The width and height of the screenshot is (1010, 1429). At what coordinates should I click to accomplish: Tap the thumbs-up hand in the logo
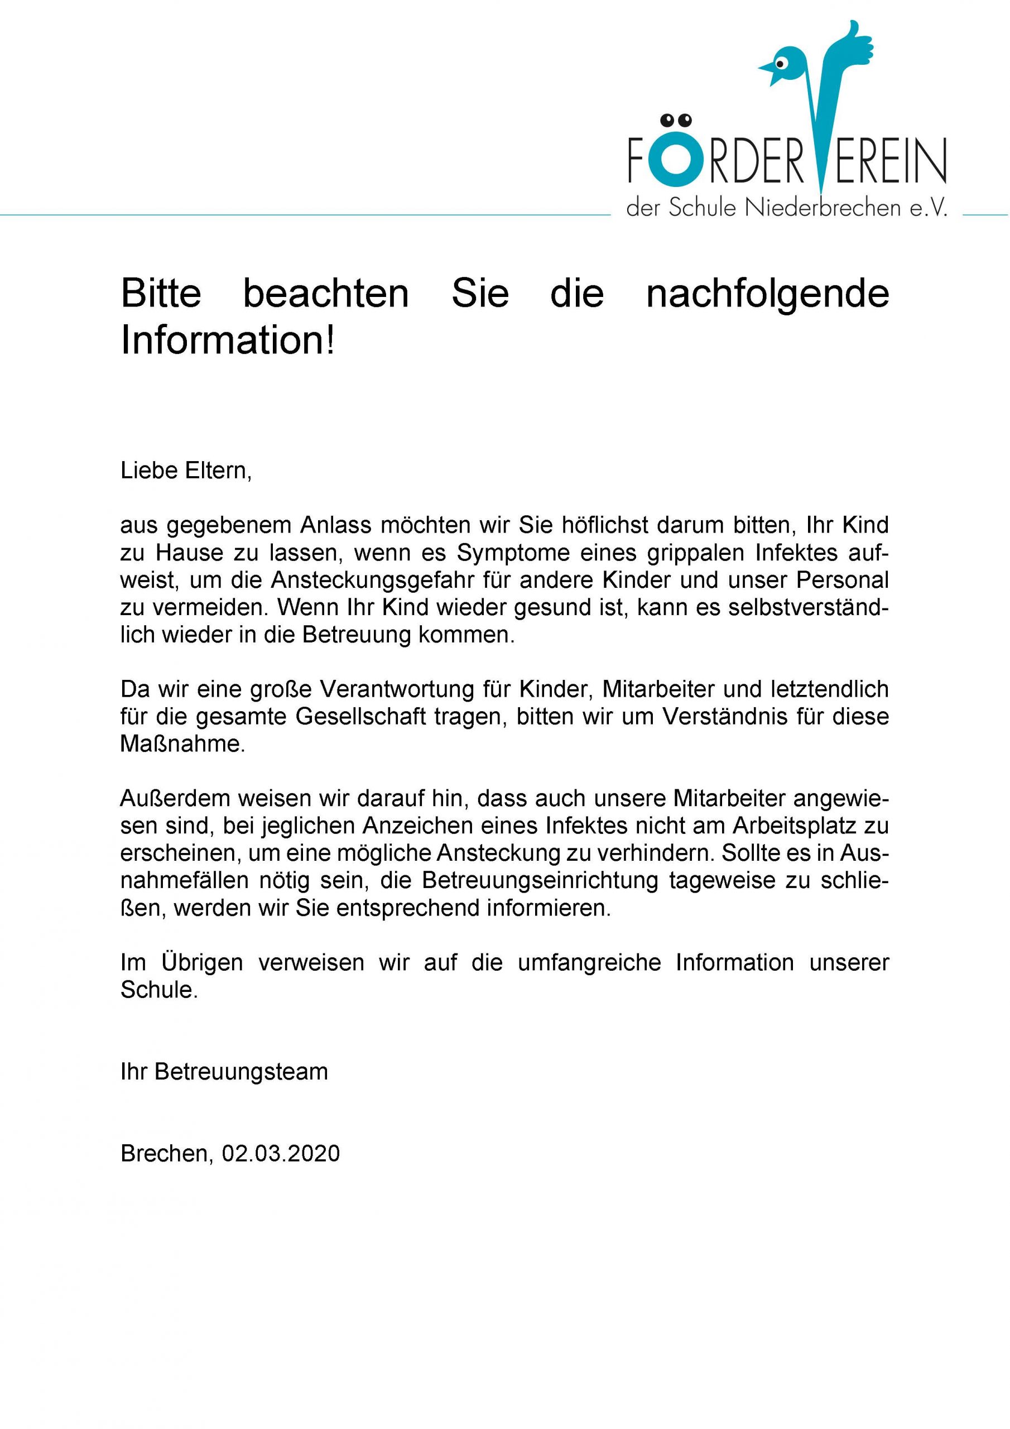pos(855,47)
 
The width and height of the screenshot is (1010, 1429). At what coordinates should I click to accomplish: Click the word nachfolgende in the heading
pos(767,294)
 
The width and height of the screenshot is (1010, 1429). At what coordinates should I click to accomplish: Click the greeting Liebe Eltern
pos(186,471)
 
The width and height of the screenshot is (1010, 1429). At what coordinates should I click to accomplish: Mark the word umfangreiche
pos(589,963)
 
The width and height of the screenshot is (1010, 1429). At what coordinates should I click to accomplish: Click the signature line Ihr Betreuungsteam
pos(224,1072)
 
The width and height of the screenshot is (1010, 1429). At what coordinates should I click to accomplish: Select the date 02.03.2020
pos(281,1153)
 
